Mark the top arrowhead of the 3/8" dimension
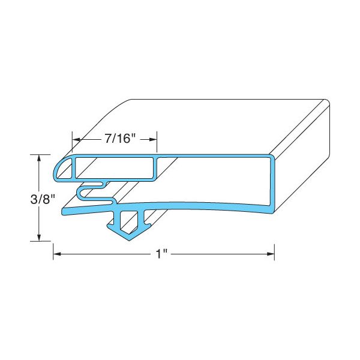[x=40, y=158]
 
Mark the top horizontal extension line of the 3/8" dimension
[x=45, y=154]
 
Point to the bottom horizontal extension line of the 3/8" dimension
[x=45, y=241]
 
